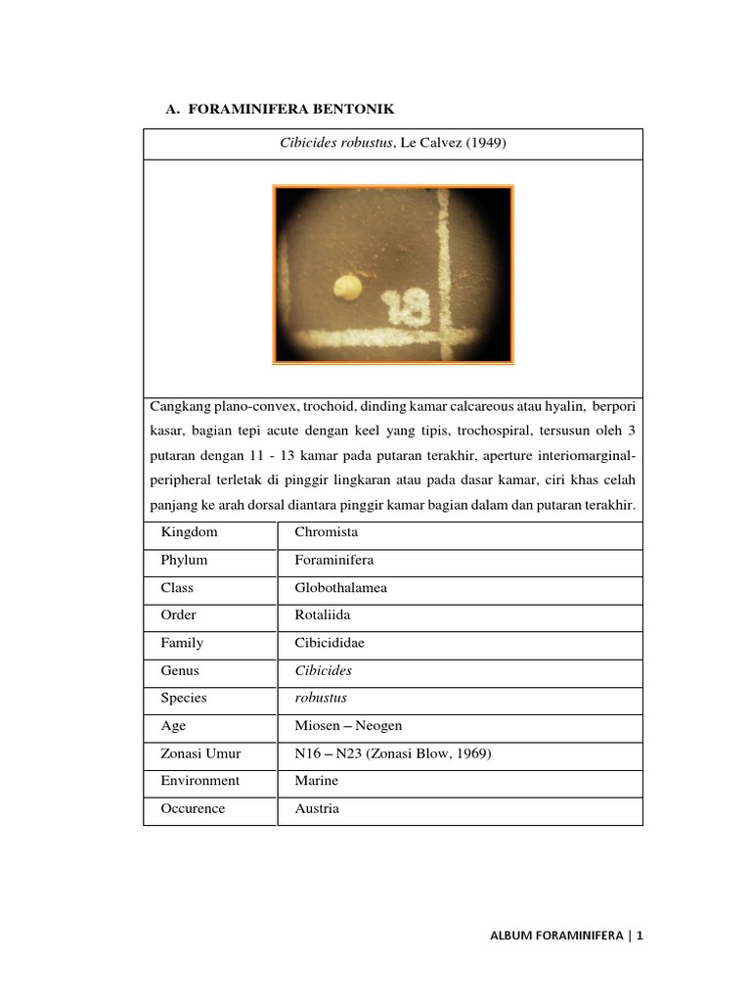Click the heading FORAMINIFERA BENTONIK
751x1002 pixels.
pos(290,109)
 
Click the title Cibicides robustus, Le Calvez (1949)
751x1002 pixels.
pos(392,145)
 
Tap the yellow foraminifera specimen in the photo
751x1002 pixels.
pos(347,287)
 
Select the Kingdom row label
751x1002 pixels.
pos(190,532)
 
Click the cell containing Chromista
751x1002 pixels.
pos(327,532)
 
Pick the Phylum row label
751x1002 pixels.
pos(185,561)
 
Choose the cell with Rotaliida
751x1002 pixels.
pos(322,615)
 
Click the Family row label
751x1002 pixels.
pos(183,643)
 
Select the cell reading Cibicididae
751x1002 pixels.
pos(330,643)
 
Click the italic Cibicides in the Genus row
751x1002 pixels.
pos(323,670)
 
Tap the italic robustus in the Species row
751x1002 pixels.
pos(321,698)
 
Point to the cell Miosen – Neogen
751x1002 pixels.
pos(348,726)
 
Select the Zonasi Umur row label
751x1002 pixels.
pos(200,753)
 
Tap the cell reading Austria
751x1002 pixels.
pos(317,809)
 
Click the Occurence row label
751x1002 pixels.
pos(194,809)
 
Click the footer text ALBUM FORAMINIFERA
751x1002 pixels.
pos(556,936)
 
